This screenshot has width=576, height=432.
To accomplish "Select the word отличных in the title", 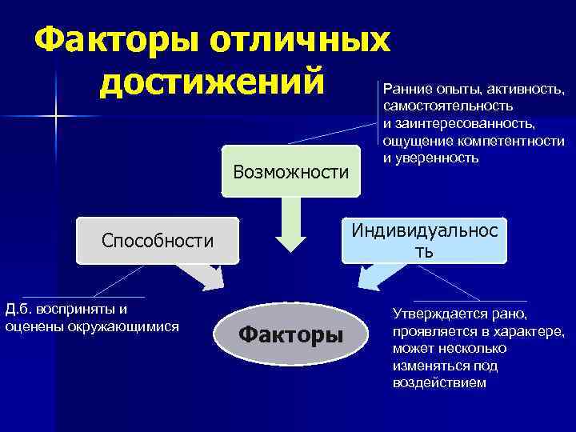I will (x=302, y=38).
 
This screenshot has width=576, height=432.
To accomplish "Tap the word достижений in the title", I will (x=214, y=82).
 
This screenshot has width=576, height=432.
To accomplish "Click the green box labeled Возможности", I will (x=290, y=171).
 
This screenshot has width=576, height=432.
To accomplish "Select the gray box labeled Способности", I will (x=158, y=241).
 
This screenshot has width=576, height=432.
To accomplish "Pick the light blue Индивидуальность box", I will (x=425, y=239).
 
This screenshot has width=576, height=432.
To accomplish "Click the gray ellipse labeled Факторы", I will (x=290, y=334).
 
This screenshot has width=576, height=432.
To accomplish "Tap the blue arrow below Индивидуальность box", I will (x=372, y=278).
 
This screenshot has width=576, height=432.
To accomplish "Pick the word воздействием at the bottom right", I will (x=438, y=382).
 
